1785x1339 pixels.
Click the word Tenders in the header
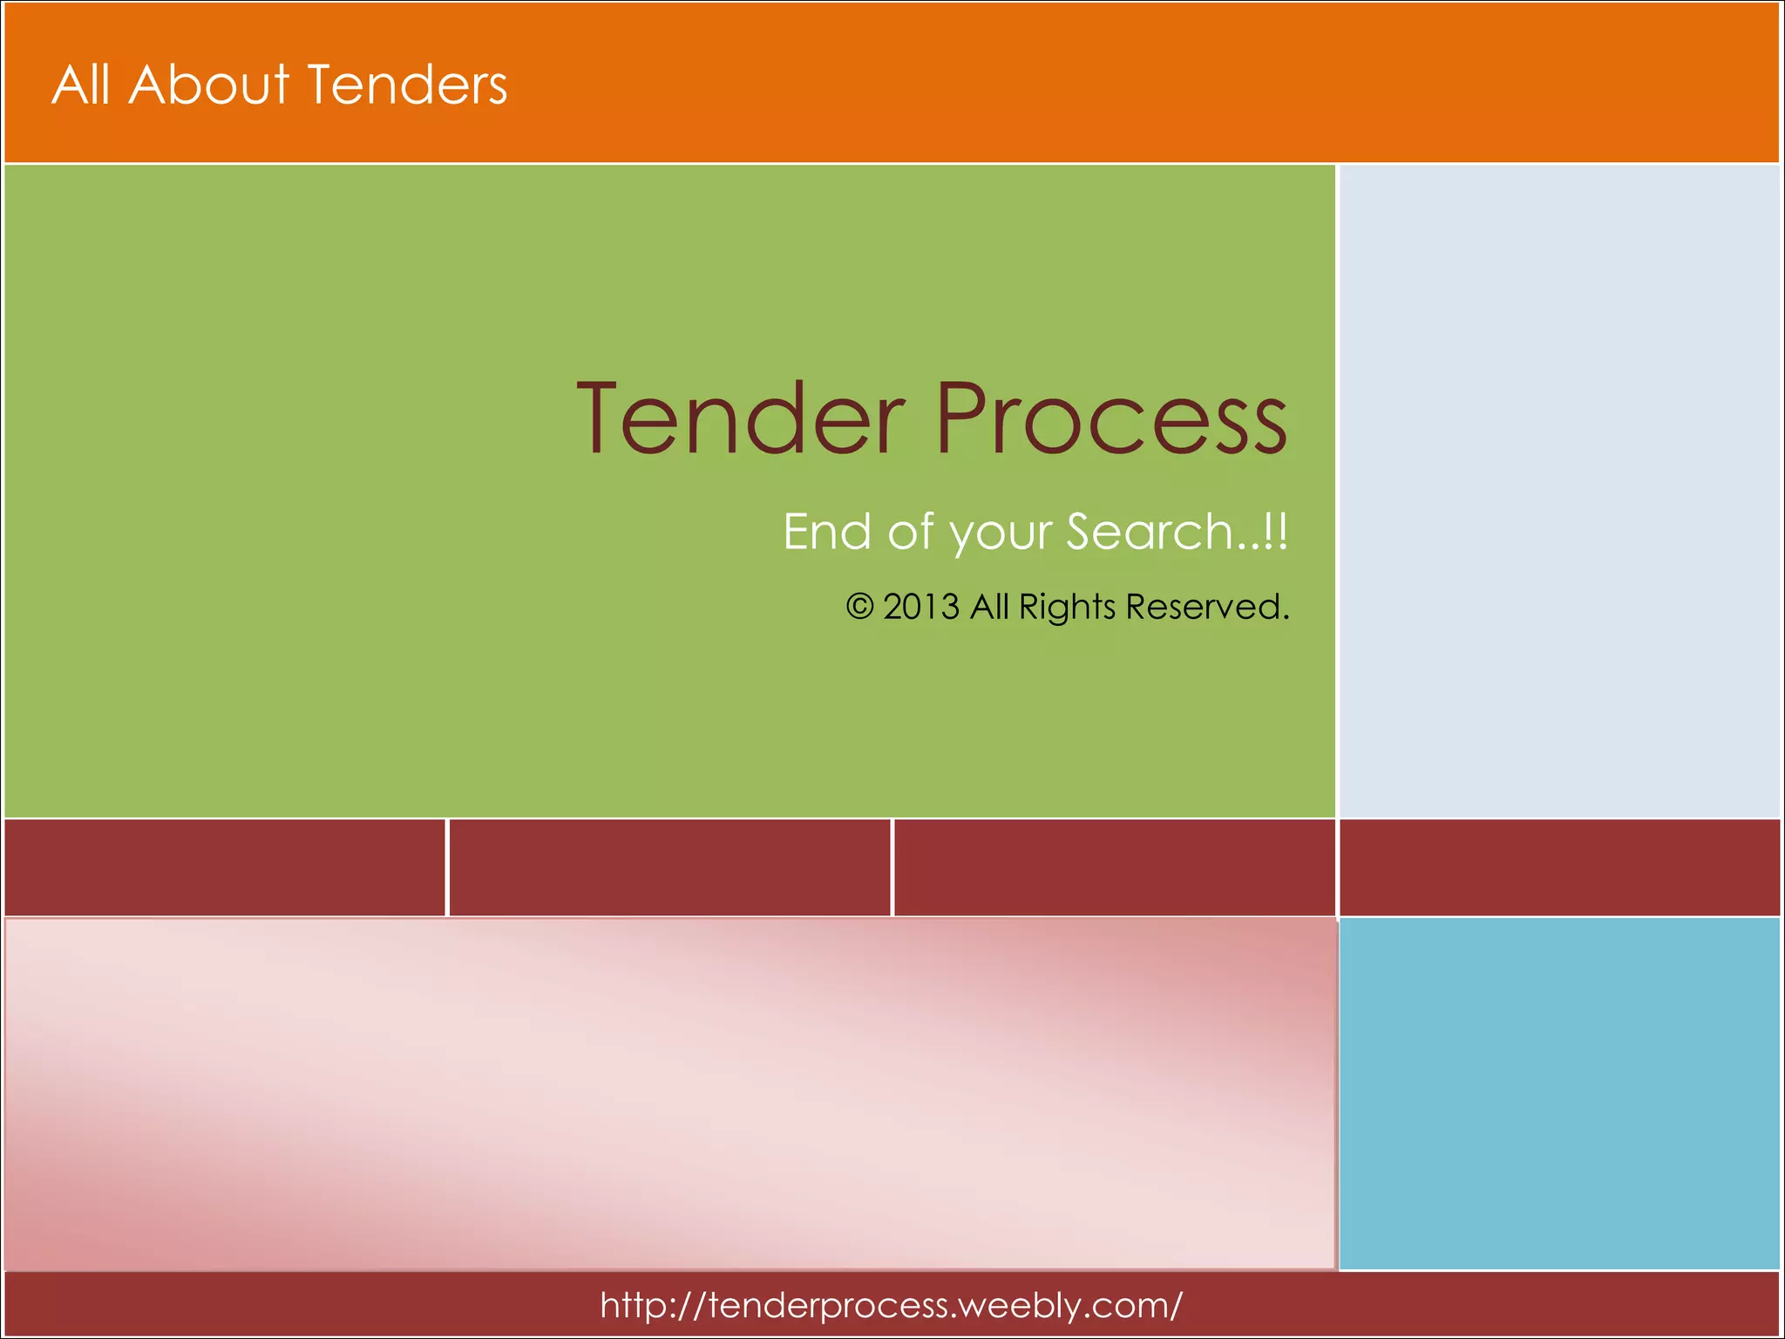(407, 85)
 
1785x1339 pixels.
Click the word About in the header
(208, 85)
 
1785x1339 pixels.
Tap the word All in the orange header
(81, 85)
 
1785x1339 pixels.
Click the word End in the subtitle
(826, 532)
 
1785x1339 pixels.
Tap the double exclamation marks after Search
(1275, 532)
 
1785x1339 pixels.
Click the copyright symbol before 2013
(859, 607)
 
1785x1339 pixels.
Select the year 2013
(921, 607)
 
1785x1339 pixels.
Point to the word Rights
(1067, 607)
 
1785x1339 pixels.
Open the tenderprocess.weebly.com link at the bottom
(891, 1305)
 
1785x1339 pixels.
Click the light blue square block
(1558, 1093)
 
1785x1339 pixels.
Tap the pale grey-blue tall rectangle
(1558, 491)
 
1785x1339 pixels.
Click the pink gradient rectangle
(669, 1093)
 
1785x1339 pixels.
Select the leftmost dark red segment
(224, 867)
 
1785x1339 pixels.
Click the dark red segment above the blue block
(1558, 867)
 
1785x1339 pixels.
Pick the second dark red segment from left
(669, 867)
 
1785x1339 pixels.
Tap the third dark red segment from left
(1114, 867)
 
